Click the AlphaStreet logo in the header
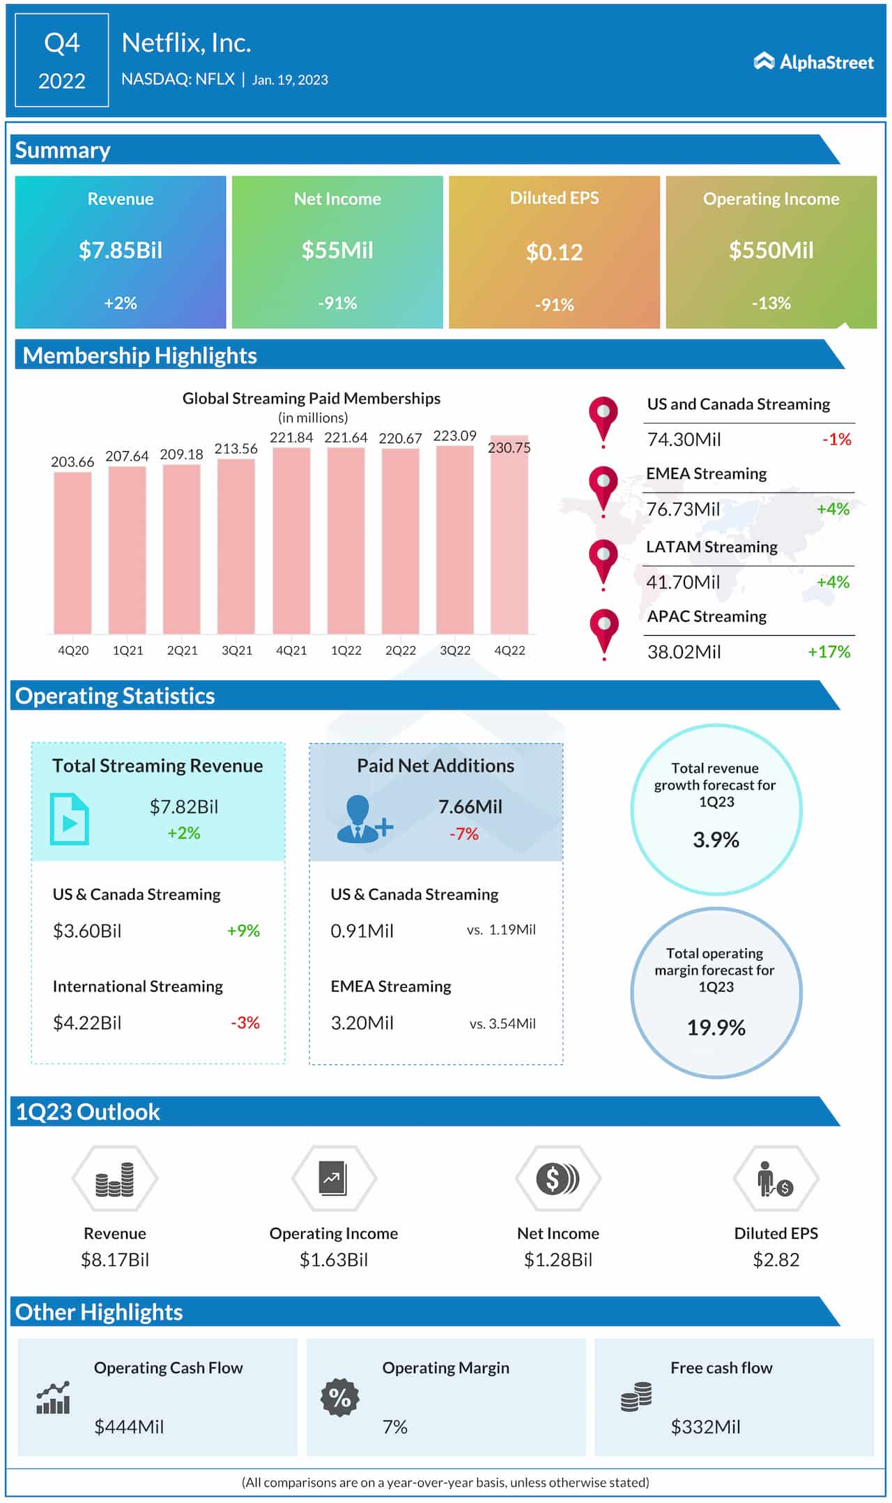pos(813,62)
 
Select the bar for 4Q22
pos(509,537)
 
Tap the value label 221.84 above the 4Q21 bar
pos(291,438)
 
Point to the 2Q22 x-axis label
pos(401,650)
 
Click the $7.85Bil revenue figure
pos(121,250)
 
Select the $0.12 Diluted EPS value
pos(554,252)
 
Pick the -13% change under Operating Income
pos(771,303)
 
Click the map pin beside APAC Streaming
pos(603,630)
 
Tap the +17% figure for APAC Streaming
pos(829,652)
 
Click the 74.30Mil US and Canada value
pos(684,439)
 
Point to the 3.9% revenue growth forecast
pos(716,840)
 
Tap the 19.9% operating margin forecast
pos(716,1028)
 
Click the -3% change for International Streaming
pos(245,1023)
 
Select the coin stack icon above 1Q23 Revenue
pos(115,1179)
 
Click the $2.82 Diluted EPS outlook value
pos(776,1260)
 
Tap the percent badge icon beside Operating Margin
pos(339,1398)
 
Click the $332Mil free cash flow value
pos(705,1427)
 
